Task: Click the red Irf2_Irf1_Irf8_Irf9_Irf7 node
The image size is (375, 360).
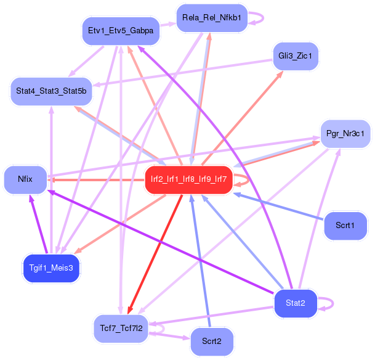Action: pyautogui.click(x=188, y=179)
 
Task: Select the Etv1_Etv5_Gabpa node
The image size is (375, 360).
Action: pyautogui.click(x=121, y=30)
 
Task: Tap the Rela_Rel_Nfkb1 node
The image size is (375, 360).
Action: pyautogui.click(x=211, y=18)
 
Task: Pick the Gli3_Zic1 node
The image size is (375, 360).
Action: pyautogui.click(x=295, y=56)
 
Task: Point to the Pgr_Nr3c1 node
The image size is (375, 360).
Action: pyautogui.click(x=345, y=133)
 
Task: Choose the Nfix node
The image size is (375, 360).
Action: pyautogui.click(x=25, y=179)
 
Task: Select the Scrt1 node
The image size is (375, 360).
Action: pyautogui.click(x=345, y=225)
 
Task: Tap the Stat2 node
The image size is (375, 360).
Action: pyautogui.click(x=296, y=303)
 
